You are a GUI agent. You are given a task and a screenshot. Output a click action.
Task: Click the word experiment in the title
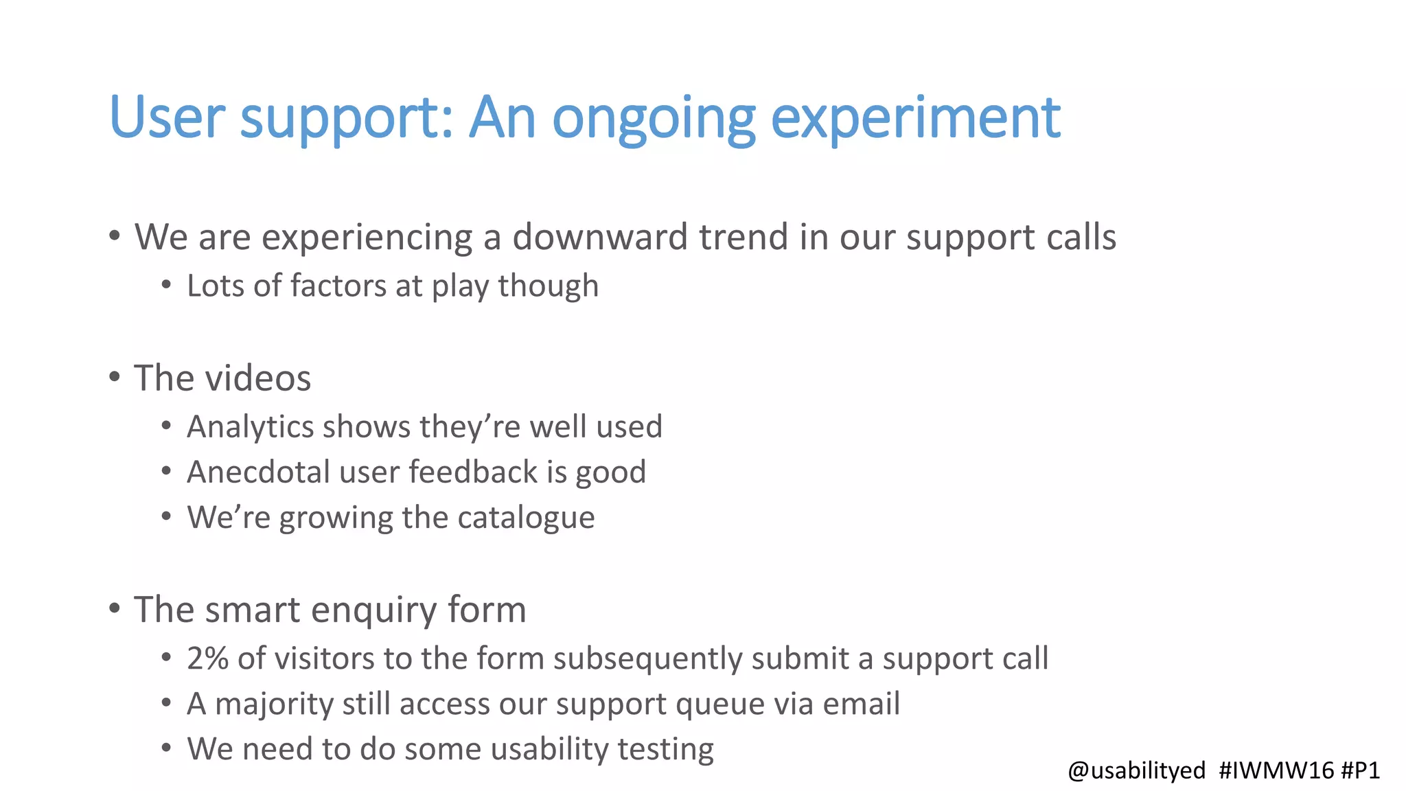pos(916,118)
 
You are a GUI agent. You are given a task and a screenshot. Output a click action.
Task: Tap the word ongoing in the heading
pos(654,118)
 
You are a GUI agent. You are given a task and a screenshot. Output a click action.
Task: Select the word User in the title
pos(167,118)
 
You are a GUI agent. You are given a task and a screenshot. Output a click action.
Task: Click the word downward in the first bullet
pos(600,238)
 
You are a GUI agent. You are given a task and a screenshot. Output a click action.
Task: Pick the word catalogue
pos(526,518)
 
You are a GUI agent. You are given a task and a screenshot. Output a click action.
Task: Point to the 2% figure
pos(207,658)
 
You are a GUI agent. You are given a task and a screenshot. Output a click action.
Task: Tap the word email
pos(861,704)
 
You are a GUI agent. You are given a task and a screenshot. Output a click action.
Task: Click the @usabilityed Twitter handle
pos(1136,770)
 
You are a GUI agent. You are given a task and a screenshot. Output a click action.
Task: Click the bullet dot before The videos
pos(115,377)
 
